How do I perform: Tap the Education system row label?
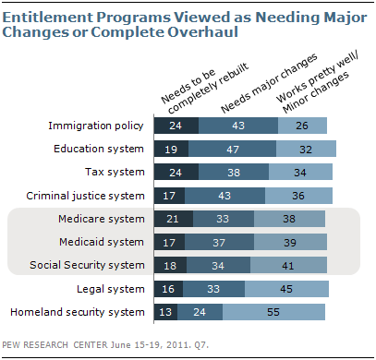click(101, 148)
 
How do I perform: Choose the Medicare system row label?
click(105, 219)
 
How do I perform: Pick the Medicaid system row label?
click(106, 242)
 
